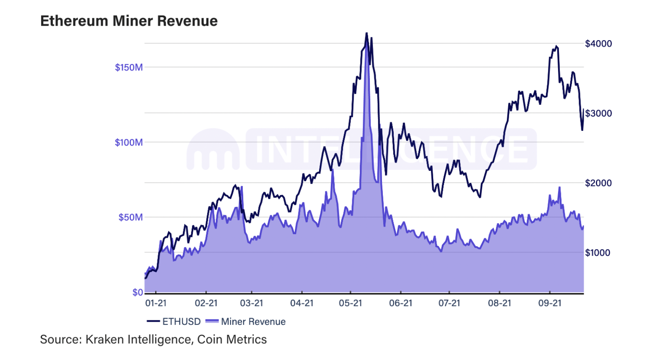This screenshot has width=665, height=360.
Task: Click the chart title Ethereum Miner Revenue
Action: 129,21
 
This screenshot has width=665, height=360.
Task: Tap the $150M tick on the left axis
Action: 129,68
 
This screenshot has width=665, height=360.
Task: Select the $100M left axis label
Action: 129,143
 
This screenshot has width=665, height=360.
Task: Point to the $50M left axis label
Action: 130,217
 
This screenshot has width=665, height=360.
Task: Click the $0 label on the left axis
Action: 138,292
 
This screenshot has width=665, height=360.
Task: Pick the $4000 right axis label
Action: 598,44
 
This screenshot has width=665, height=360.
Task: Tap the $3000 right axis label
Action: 598,113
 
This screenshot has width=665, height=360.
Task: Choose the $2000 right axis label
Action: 598,183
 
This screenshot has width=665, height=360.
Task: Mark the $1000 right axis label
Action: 597,253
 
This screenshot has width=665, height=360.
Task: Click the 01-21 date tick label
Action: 156,303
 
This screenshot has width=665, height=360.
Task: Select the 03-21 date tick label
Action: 252,303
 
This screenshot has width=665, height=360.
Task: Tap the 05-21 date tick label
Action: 350,303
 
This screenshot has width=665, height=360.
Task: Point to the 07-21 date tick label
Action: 449,303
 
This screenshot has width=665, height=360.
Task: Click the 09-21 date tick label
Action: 550,303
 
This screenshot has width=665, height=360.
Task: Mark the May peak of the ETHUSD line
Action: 366,33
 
